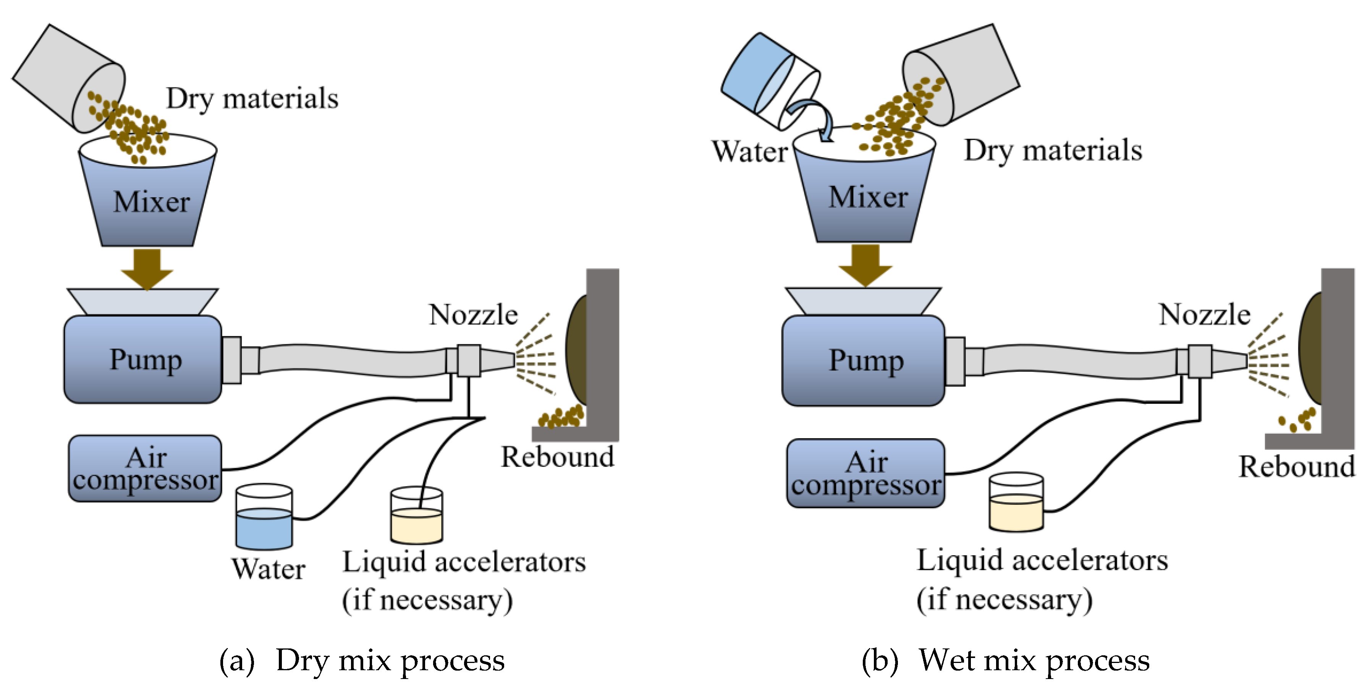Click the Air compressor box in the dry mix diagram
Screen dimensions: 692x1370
(x=145, y=468)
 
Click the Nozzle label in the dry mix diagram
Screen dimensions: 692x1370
(x=473, y=314)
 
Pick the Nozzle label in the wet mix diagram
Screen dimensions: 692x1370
(x=1204, y=314)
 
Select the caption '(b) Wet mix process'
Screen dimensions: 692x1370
(x=1005, y=661)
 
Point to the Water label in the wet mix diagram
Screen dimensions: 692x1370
(x=750, y=152)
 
